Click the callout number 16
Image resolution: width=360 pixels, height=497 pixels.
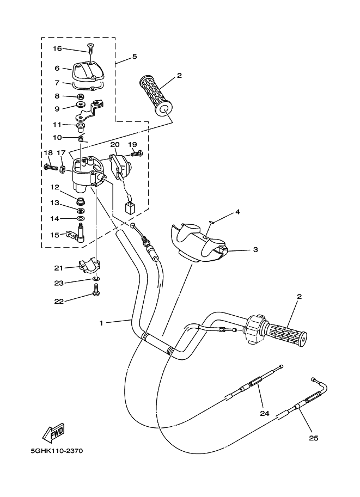click(x=57, y=48)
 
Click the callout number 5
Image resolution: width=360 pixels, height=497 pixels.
click(x=134, y=57)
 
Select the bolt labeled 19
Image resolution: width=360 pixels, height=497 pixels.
click(x=136, y=154)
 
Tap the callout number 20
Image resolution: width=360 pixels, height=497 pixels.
click(x=114, y=145)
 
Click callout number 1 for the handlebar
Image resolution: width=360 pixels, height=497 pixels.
click(x=101, y=323)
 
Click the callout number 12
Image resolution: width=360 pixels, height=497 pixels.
click(x=55, y=187)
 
